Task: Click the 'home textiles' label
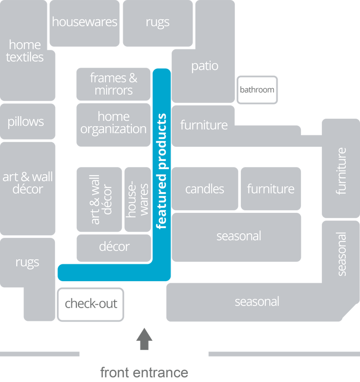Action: pos(25,51)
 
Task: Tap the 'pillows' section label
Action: pos(25,122)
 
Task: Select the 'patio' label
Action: pos(205,66)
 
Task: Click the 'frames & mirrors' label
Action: pos(114,84)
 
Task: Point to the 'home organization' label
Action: pos(114,123)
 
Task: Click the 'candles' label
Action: pos(205,189)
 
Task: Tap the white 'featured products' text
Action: pos(162,171)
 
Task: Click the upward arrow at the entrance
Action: pos(144,339)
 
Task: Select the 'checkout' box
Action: pos(91,304)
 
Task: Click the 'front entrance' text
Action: pos(144,372)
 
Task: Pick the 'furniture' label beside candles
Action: pos(270,189)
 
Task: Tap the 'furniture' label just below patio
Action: pos(204,125)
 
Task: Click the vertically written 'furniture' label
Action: pos(341,171)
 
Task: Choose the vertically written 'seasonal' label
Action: pos(341,254)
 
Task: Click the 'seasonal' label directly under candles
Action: pos(238,236)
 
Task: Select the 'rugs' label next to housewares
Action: pos(157,22)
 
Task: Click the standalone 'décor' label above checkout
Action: pos(114,247)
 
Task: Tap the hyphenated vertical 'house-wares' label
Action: pos(138,199)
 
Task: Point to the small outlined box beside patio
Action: pos(257,90)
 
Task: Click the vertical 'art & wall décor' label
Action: pos(101,199)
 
